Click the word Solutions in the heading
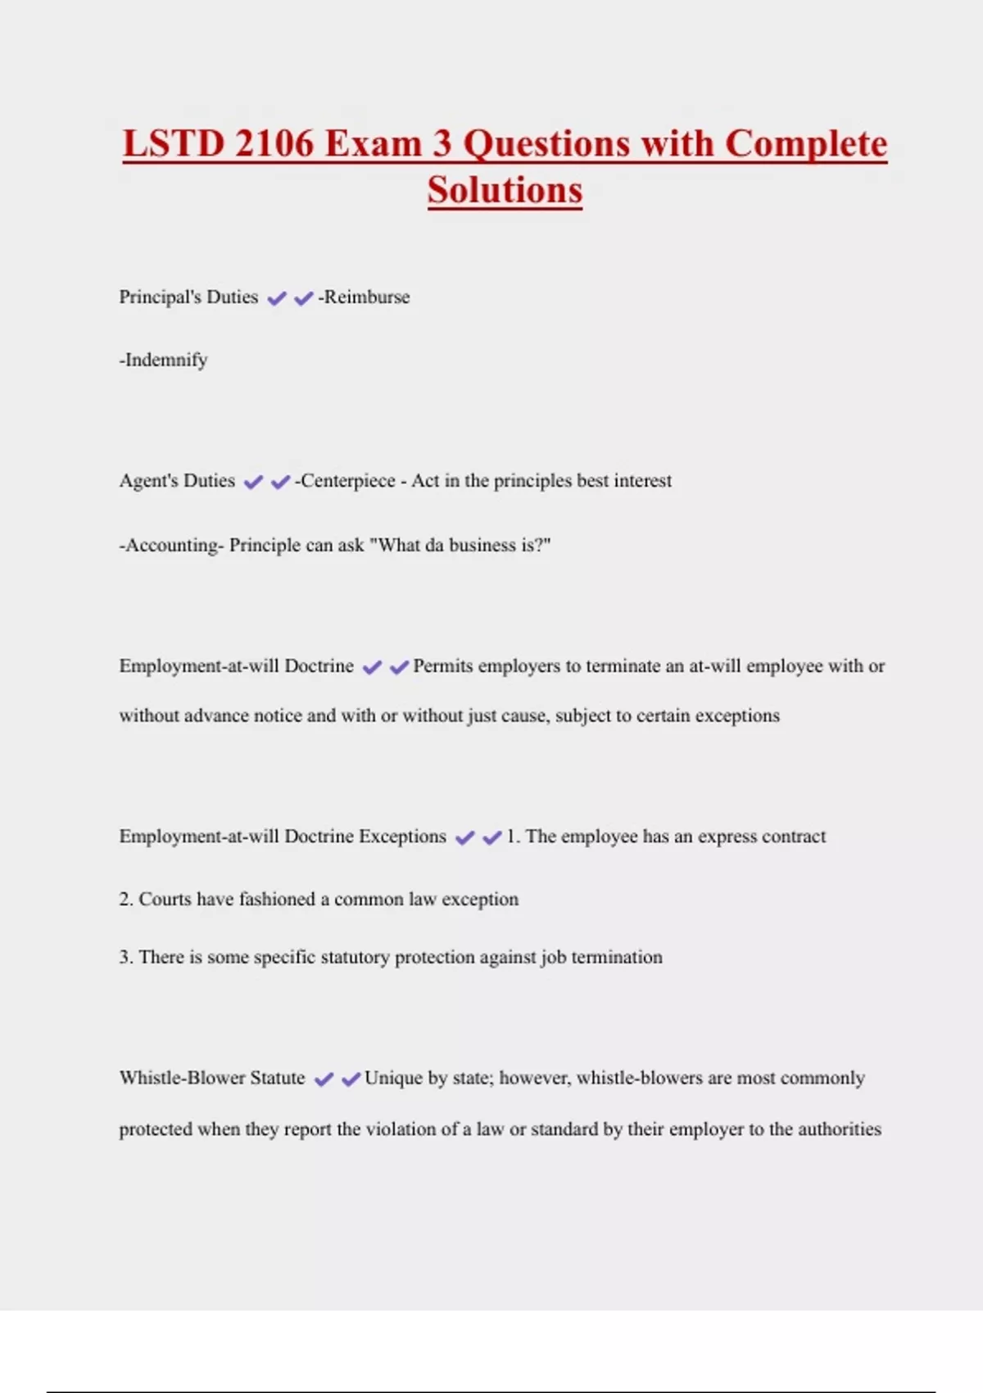[505, 191]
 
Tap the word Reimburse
[366, 297]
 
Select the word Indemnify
[165, 361]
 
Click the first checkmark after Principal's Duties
[277, 298]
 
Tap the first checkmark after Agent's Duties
[254, 482]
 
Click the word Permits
[443, 666]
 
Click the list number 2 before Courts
[125, 900]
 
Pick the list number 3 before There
[125, 958]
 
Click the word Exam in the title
[373, 144]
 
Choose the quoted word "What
[394, 546]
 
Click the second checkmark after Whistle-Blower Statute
[351, 1079]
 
